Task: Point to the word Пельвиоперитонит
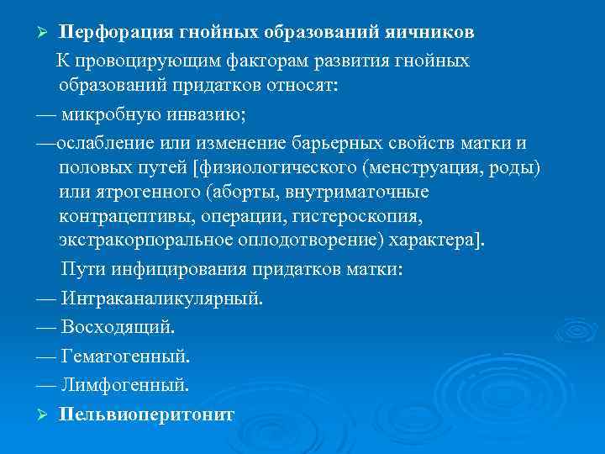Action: coord(147,415)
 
